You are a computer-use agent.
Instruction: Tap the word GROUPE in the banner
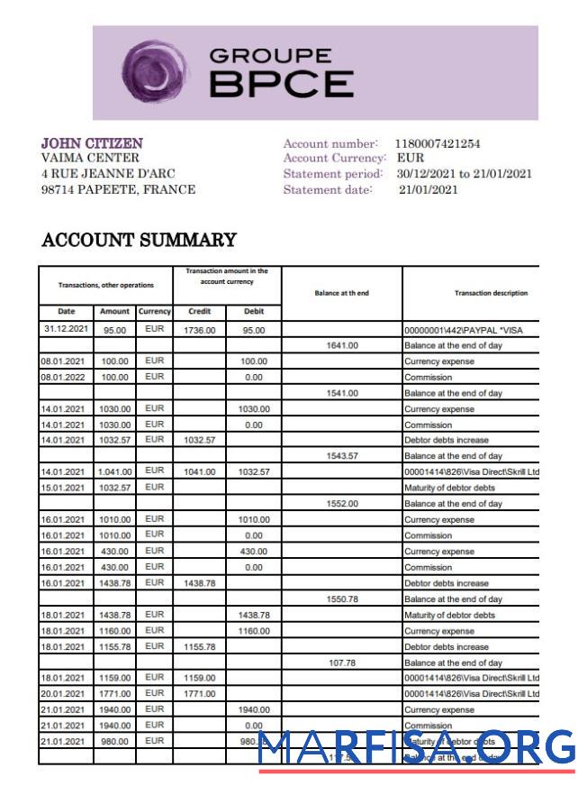coord(270,57)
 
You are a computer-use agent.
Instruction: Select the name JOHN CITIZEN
coord(92,143)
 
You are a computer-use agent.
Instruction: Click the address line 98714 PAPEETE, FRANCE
coord(118,190)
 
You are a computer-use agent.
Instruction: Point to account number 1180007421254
coord(438,143)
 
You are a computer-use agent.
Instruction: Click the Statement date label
coord(327,189)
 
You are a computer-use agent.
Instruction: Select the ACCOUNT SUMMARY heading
coord(139,241)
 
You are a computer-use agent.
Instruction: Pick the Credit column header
coord(199,311)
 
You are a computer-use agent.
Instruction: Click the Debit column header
coord(254,311)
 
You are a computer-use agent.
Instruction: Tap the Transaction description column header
coord(491,293)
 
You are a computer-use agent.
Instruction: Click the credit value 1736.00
coord(199,330)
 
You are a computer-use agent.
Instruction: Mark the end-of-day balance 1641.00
coord(341,345)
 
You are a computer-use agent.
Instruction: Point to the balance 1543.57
coord(341,456)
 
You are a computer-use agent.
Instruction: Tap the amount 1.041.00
coord(114,472)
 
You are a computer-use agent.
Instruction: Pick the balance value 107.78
coord(341,662)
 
